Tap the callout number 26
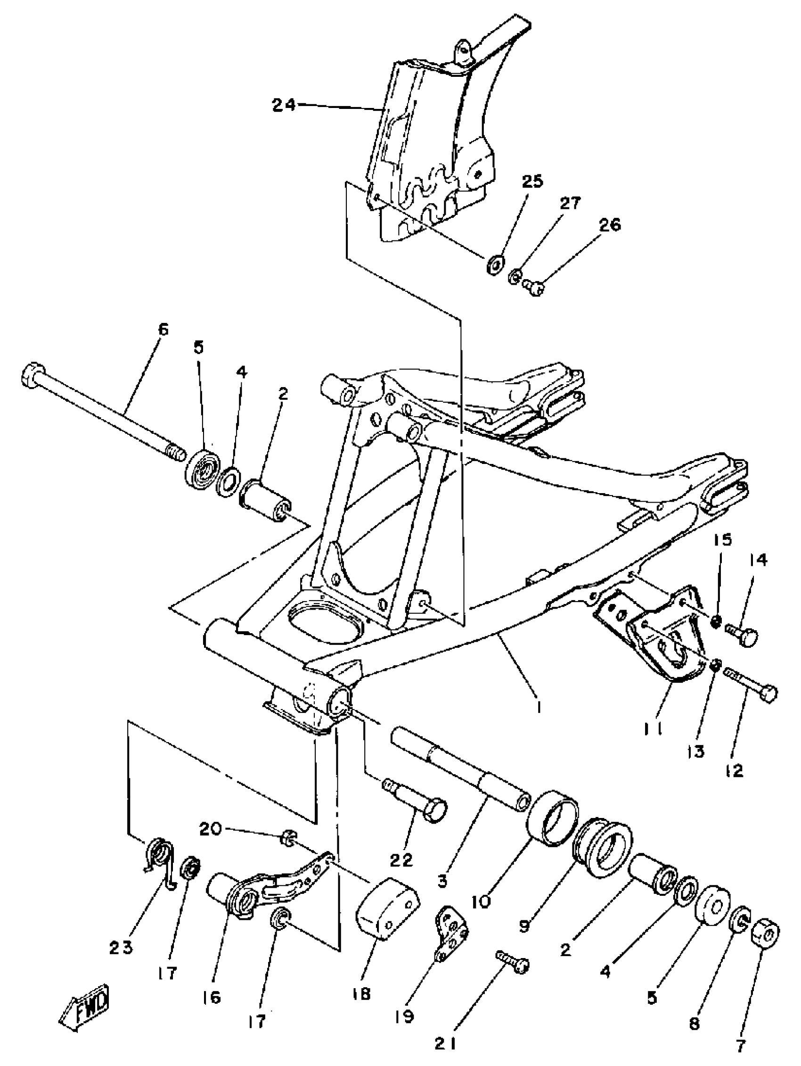tap(610, 225)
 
